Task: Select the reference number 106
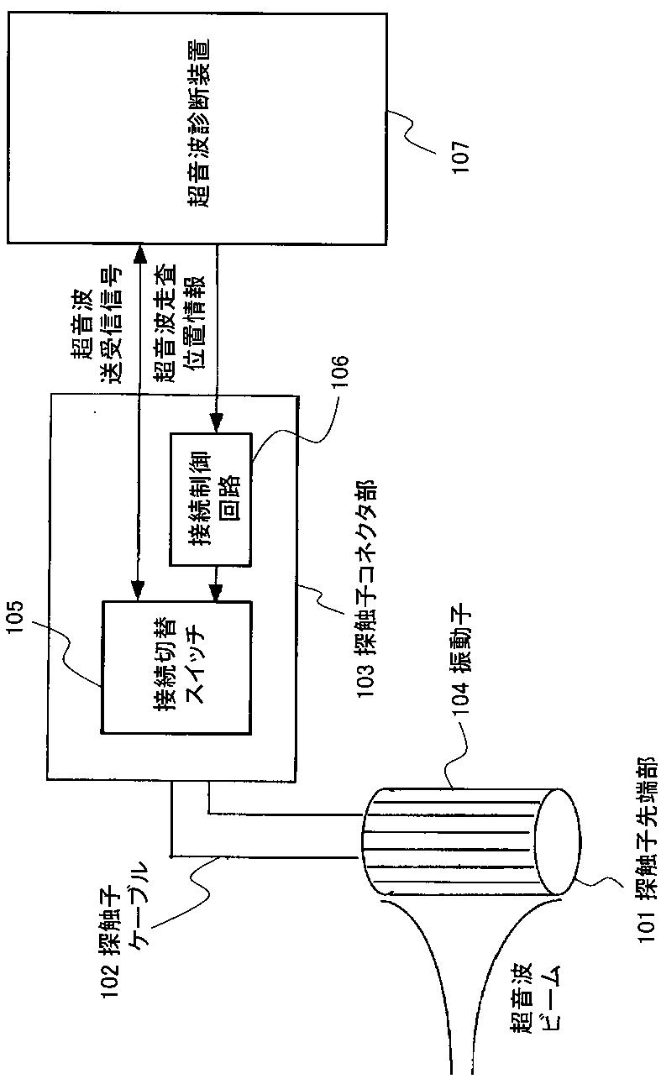(x=340, y=375)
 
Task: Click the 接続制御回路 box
(x=210, y=499)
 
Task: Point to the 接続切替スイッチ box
(x=177, y=668)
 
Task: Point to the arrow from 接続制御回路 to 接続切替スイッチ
(x=218, y=584)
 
